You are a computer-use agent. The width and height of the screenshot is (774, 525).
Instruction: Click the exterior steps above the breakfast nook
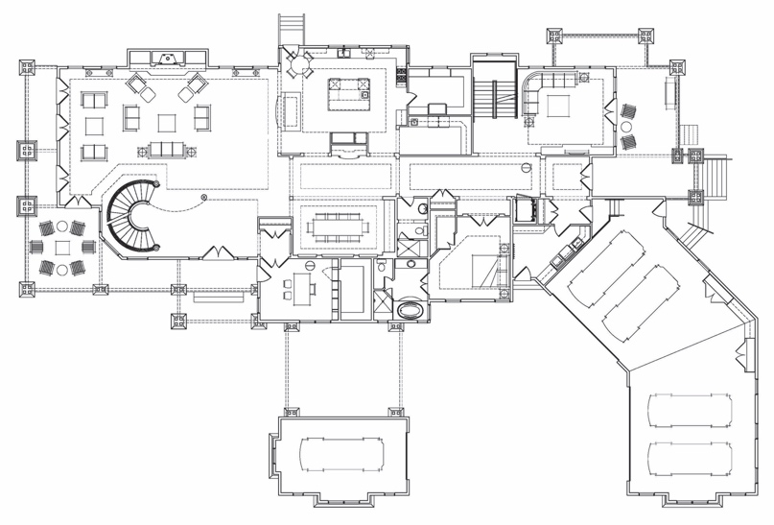coord(292,24)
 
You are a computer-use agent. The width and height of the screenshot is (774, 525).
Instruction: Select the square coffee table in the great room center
coord(168,122)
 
